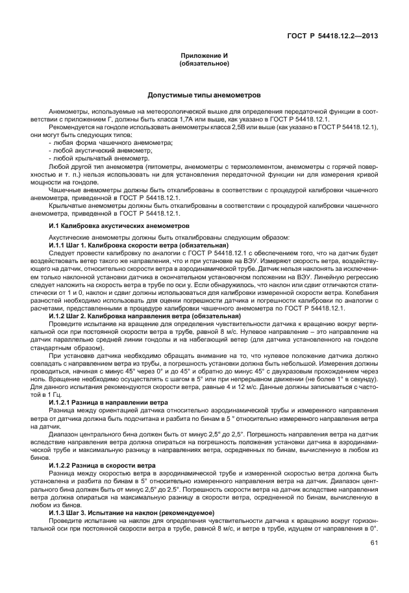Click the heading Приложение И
coord(204,57)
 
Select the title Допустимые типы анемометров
coord(204,94)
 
